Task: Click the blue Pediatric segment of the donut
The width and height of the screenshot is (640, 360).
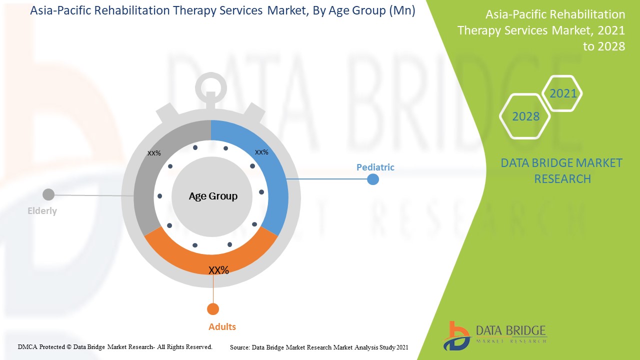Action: (270, 175)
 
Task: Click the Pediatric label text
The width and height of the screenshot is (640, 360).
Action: (375, 167)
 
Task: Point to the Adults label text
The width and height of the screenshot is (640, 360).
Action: (222, 327)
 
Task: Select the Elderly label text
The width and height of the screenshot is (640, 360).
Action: (42, 211)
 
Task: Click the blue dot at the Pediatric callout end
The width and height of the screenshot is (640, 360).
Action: (373, 179)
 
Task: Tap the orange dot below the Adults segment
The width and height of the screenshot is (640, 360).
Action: (213, 309)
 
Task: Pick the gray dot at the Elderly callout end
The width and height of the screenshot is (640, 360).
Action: (48, 194)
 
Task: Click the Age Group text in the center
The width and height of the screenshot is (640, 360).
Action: (213, 196)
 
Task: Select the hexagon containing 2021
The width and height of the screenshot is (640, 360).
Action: (563, 93)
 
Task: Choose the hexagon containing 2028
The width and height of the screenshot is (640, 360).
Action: (525, 116)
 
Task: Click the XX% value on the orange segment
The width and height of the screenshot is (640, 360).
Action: (218, 270)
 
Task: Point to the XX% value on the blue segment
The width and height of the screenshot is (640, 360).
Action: (261, 152)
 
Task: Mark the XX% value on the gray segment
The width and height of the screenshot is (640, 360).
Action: (154, 153)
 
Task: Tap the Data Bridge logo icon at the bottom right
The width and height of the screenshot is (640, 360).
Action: (455, 335)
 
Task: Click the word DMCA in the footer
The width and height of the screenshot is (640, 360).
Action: (27, 346)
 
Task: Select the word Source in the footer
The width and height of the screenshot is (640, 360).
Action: (239, 347)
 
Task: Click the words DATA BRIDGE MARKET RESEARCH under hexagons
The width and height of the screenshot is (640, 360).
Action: (562, 170)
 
